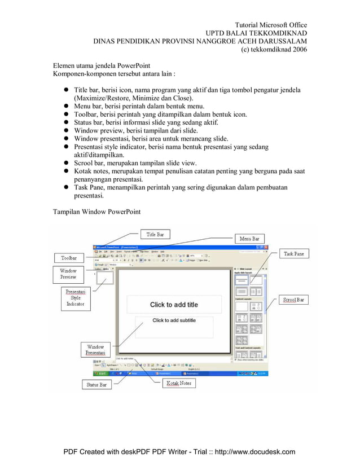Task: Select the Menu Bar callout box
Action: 249,239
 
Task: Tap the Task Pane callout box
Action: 293,254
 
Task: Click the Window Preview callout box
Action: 68,274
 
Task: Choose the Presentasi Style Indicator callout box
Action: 75,298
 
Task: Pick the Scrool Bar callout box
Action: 293,300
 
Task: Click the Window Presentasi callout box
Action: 95,350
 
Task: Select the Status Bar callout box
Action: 96,385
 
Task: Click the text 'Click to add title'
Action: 174,305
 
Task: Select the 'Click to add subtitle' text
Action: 174,320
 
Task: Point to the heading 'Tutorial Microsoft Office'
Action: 271,25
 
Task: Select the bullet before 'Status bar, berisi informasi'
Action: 65,122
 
